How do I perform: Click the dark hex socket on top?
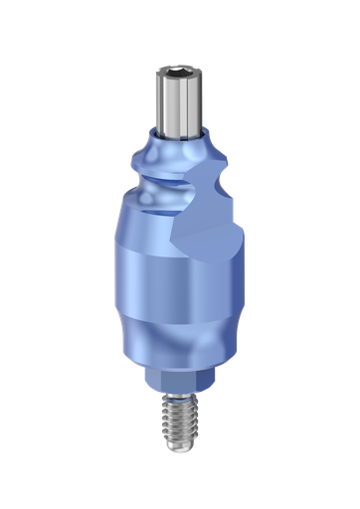[x=179, y=73]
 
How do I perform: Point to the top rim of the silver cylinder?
[x=179, y=68]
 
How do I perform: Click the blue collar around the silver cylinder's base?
[x=179, y=138]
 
